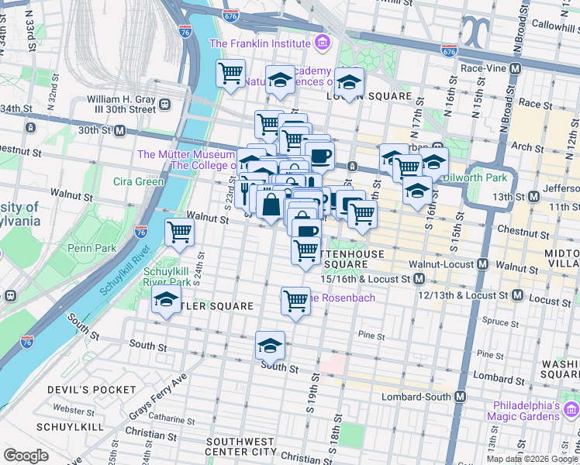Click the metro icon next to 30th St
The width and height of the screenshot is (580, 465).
coord(120,130)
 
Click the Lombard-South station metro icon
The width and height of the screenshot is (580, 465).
coord(461,396)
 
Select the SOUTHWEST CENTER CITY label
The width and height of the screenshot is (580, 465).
coord(241,446)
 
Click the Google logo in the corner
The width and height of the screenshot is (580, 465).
coord(26,456)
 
